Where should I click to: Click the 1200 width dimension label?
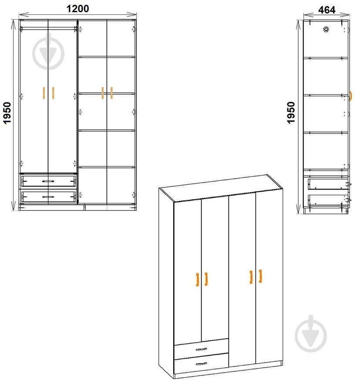(78, 8)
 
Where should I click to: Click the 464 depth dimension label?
(327, 10)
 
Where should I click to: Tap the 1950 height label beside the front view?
(7, 113)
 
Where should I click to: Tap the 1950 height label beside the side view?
(291, 113)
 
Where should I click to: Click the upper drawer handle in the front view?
(48, 181)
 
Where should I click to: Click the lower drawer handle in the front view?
(48, 197)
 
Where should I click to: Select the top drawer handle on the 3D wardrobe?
(201, 349)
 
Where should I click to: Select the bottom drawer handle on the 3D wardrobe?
(201, 363)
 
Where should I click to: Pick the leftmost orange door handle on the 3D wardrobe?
(198, 280)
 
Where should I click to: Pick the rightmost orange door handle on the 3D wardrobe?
(260, 276)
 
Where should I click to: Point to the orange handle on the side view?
(351, 95)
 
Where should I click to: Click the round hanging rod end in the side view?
(326, 30)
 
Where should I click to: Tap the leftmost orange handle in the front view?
(44, 93)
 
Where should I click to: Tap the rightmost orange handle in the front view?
(111, 93)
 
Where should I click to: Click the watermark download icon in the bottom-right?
(311, 334)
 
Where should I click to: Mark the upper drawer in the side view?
(328, 184)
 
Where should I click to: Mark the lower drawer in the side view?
(328, 200)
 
